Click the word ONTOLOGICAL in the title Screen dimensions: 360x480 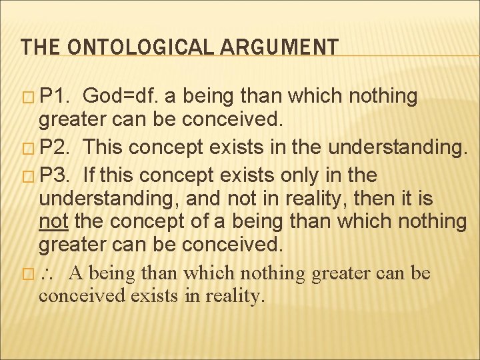[x=141, y=47]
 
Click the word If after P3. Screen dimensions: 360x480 [x=91, y=175]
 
